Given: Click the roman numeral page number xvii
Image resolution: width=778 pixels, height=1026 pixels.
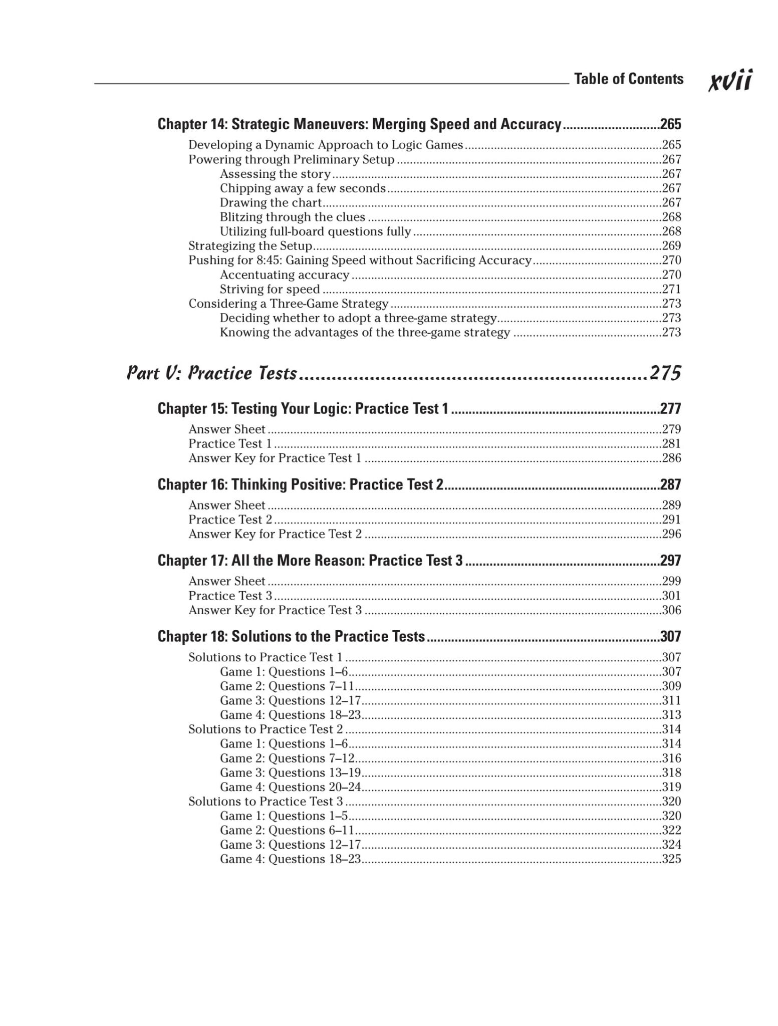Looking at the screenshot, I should (730, 80).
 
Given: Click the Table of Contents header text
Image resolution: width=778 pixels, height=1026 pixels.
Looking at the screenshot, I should (628, 79).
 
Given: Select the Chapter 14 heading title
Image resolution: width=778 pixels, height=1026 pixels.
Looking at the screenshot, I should (359, 124).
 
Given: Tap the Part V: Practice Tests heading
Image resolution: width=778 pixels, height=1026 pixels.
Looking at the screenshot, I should (212, 373).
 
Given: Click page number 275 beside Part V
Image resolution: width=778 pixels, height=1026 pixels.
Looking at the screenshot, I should (665, 373).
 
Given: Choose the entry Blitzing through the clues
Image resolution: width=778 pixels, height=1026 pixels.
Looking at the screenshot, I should (293, 217).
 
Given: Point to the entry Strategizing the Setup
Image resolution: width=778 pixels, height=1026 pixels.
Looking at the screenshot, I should (250, 246).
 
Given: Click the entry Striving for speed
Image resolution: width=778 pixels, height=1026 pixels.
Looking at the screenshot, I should (270, 289).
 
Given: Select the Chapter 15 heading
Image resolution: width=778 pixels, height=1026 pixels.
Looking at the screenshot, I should (303, 409).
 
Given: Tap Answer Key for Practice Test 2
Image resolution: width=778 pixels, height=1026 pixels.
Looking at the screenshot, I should (275, 534).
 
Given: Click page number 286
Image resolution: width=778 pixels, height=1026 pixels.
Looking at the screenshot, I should (671, 458).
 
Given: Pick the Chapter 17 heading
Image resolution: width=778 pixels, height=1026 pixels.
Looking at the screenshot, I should (310, 561).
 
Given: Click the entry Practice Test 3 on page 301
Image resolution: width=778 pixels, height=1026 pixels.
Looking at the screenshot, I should (230, 596).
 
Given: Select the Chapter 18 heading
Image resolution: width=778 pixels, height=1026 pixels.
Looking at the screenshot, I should (291, 636).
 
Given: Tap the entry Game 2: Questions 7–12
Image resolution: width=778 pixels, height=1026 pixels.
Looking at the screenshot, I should (287, 758).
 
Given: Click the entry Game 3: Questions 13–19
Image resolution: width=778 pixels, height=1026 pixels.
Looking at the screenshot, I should (291, 773).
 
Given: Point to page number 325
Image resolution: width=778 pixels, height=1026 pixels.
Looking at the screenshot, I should (671, 859).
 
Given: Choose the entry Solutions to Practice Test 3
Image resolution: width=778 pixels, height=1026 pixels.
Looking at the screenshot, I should (266, 802).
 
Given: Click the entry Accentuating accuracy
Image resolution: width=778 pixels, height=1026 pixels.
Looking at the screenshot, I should (285, 275).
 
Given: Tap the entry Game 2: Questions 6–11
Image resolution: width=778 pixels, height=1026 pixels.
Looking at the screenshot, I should (287, 830).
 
